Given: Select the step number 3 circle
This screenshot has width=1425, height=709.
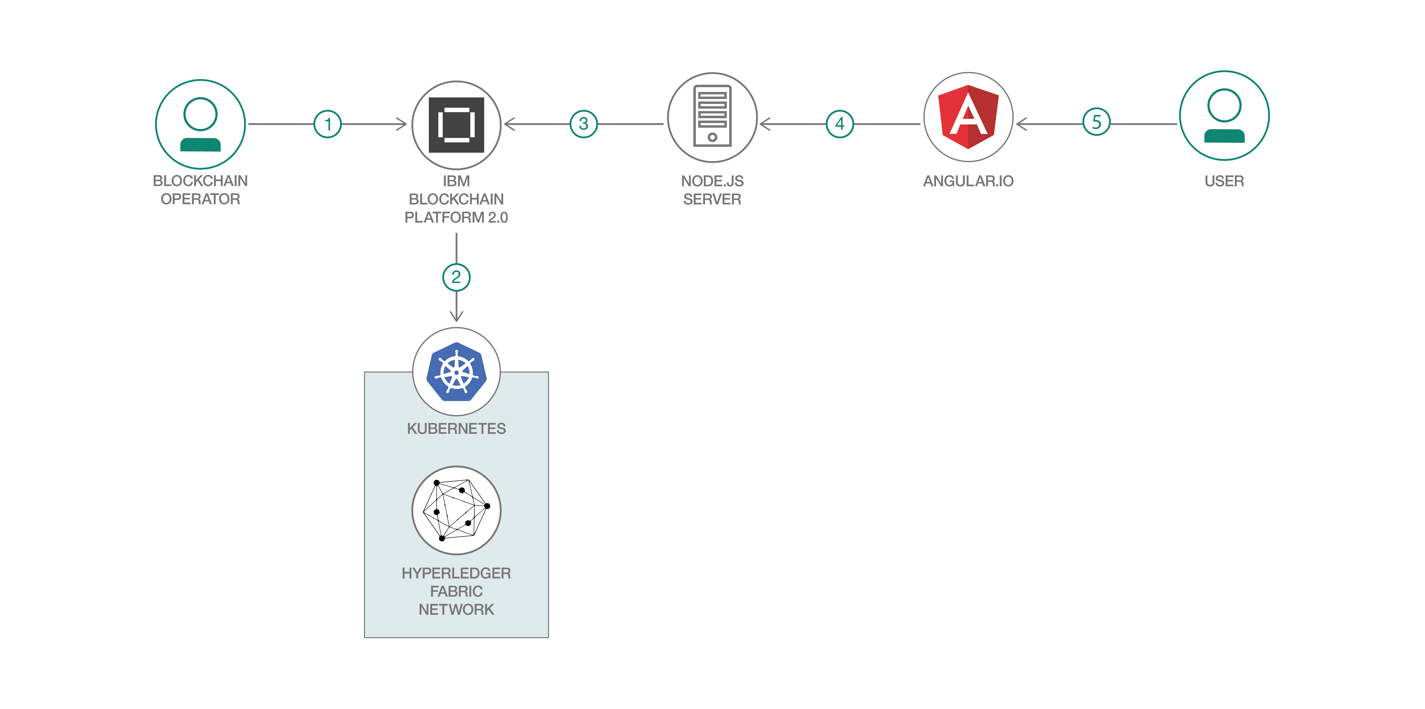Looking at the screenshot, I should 584,124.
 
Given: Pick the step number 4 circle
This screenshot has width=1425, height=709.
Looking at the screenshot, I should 840,124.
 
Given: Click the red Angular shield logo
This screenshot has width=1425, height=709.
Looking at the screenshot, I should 968,117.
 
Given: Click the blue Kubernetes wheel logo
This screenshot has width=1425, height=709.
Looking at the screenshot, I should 456,372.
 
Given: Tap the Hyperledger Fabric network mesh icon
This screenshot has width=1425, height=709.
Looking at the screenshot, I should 456,510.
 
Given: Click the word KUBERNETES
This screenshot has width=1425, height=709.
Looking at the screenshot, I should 456,429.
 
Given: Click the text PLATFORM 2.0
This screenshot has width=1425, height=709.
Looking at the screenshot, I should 456,217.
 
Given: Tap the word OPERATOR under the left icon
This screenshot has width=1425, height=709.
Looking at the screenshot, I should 200,199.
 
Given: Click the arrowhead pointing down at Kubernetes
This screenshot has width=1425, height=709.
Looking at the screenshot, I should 456,316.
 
